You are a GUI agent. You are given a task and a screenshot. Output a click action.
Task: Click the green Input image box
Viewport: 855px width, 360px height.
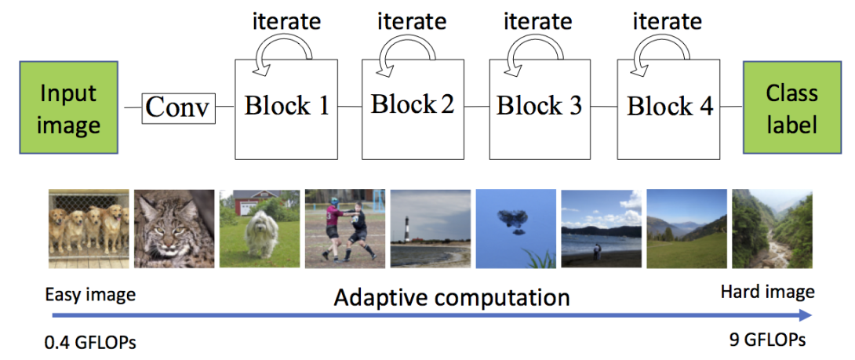point(68,108)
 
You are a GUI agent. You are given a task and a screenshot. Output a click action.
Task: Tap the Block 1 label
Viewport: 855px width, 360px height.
point(286,106)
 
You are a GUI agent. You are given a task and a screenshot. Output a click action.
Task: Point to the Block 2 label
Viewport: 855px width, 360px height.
point(413,104)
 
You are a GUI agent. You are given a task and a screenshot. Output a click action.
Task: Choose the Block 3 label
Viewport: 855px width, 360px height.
point(539,106)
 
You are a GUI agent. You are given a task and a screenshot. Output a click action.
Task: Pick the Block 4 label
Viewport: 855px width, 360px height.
point(669,106)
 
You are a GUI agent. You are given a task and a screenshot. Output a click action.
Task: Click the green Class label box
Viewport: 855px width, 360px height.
point(791,108)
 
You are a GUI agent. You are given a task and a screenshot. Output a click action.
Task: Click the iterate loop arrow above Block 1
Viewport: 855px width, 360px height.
point(286,55)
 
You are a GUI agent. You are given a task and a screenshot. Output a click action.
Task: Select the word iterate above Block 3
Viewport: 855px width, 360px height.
point(537,21)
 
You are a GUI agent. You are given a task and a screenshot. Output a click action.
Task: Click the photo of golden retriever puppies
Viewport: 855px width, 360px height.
point(88,229)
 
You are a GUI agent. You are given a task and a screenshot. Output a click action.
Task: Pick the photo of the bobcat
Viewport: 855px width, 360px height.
point(173,229)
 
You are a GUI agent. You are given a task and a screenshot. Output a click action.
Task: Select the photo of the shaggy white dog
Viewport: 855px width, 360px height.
point(259,229)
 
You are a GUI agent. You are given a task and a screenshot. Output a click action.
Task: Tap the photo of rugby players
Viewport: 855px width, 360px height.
point(344,229)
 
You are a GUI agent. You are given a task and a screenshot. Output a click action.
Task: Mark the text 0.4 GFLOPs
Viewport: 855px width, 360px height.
point(90,342)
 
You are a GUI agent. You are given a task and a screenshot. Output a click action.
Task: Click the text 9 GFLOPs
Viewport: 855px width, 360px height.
point(768,342)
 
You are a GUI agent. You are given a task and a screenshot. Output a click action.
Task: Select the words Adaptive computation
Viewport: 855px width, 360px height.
point(451,297)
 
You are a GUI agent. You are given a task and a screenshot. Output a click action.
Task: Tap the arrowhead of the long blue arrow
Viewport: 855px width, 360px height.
point(806,315)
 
